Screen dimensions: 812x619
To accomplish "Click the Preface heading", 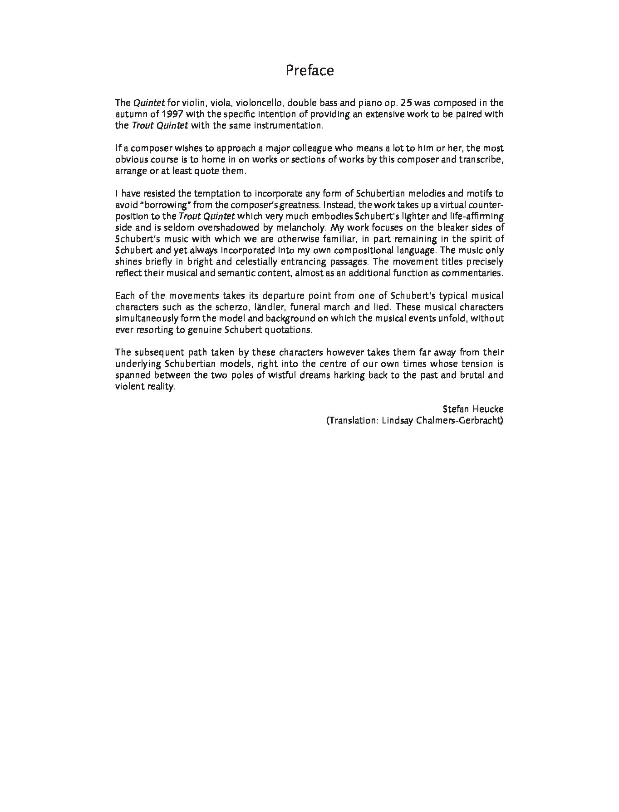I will (309, 70).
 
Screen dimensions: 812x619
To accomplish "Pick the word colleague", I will (310, 148).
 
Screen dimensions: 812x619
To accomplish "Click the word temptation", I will (219, 194).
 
